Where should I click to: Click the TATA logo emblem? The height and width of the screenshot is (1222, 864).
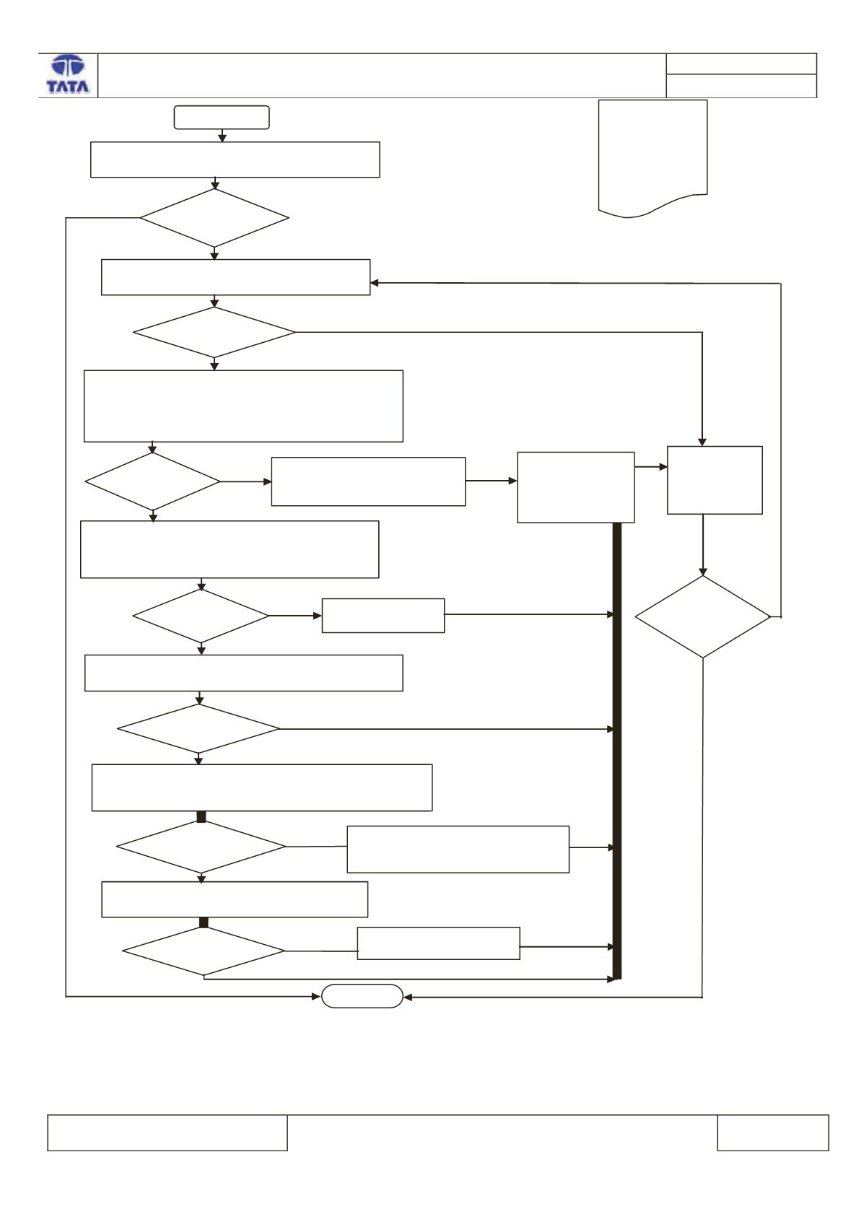(x=68, y=66)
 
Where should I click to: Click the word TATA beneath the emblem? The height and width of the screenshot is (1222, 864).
(x=68, y=86)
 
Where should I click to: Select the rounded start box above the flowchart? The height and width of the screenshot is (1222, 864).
(x=222, y=117)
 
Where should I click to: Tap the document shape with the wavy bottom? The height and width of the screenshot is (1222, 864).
(x=653, y=158)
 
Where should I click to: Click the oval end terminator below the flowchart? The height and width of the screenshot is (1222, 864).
(x=362, y=996)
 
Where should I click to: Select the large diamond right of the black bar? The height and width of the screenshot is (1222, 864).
(x=702, y=617)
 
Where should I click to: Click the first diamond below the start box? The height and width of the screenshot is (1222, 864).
(x=214, y=218)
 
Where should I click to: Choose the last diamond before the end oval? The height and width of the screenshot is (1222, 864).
(x=204, y=951)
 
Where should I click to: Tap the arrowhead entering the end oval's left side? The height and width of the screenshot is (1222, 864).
(x=316, y=996)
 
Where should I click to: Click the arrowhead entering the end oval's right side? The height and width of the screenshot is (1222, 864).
(x=408, y=998)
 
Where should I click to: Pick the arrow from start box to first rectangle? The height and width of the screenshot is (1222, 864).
(x=222, y=136)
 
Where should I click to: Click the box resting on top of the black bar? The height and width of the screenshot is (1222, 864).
(x=576, y=487)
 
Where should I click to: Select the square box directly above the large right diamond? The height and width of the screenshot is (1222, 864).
(x=715, y=480)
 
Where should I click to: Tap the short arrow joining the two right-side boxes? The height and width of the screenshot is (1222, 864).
(x=651, y=467)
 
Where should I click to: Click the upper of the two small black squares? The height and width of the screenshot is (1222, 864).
(x=201, y=816)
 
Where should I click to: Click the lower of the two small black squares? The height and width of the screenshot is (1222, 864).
(x=204, y=922)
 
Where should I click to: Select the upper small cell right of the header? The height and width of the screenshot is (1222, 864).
(x=741, y=64)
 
